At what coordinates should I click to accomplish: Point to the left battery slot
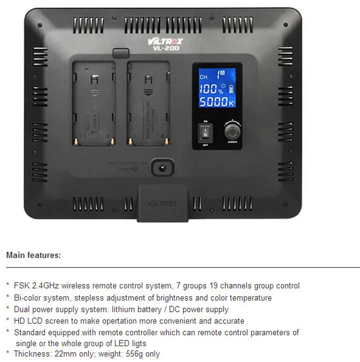pyautogui.click(x=93, y=103)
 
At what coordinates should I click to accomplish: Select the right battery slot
pyautogui.click(x=148, y=103)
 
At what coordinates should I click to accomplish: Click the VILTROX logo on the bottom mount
pyautogui.click(x=162, y=204)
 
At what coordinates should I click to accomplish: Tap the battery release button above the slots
pyautogui.click(x=119, y=53)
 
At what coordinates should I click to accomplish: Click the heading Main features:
pyautogui.click(x=33, y=255)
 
